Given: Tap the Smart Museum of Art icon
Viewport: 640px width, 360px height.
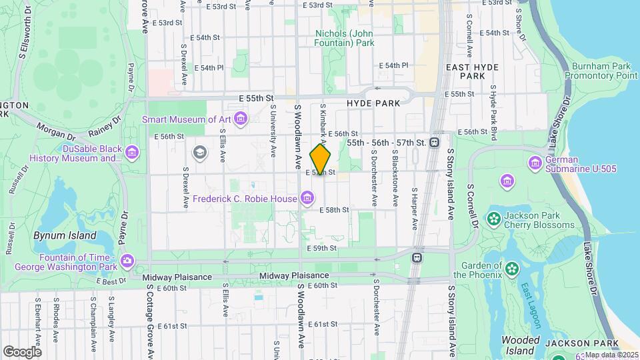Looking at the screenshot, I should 241,120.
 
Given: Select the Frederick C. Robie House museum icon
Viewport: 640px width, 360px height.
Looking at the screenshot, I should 307,198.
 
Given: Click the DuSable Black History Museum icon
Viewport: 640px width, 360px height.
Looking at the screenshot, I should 132,154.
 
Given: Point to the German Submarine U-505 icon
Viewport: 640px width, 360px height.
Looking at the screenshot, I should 535,163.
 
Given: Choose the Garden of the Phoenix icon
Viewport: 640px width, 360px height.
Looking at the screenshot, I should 511,269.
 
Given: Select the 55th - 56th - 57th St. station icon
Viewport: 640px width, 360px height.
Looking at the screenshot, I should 435,143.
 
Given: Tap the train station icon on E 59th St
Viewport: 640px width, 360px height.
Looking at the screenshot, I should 417,257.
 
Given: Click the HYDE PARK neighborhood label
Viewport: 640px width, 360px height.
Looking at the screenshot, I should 373,103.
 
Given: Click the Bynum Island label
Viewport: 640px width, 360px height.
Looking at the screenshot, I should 65,236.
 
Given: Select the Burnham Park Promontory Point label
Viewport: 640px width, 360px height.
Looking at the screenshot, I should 601,71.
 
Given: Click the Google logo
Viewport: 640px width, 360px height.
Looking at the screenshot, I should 22,351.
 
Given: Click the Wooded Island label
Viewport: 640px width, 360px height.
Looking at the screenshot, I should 520,346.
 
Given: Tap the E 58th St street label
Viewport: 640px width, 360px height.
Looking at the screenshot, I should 334,210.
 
